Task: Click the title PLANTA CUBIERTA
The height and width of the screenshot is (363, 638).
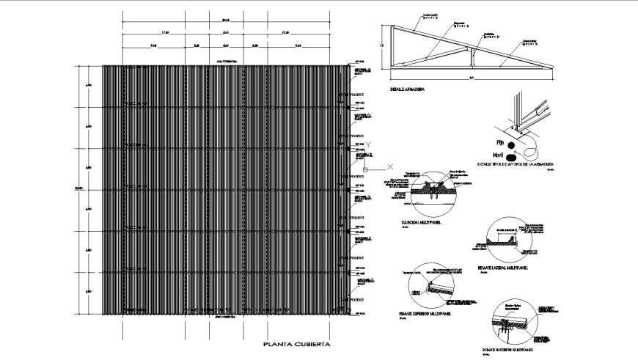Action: coord(296,344)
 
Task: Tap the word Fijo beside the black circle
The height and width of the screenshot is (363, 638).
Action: coord(502,141)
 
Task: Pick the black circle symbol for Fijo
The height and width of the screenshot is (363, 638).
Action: coord(518,142)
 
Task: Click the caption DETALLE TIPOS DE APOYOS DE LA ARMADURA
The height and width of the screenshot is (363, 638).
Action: coord(515,165)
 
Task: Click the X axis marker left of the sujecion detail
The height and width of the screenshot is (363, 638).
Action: coord(391,167)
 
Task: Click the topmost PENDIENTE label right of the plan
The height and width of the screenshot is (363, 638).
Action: coord(357,96)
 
